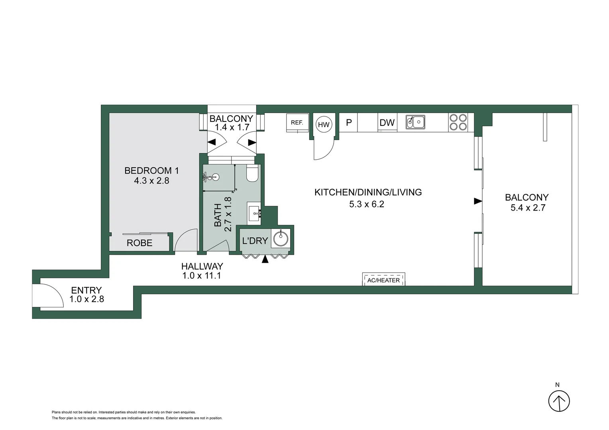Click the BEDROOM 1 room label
(151, 171)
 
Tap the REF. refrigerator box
(297, 123)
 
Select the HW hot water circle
(324, 125)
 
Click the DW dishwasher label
(387, 123)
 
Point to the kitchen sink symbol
(415, 122)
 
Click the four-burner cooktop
(458, 122)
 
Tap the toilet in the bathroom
(252, 174)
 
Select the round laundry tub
(281, 238)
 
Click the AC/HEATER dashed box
(383, 280)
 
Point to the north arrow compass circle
(559, 401)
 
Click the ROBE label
(139, 243)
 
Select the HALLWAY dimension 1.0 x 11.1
(202, 276)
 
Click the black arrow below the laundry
(265, 259)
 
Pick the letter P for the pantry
(349, 123)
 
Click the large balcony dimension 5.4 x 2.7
(528, 208)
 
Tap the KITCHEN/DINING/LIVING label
(368, 192)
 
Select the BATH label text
(218, 215)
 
